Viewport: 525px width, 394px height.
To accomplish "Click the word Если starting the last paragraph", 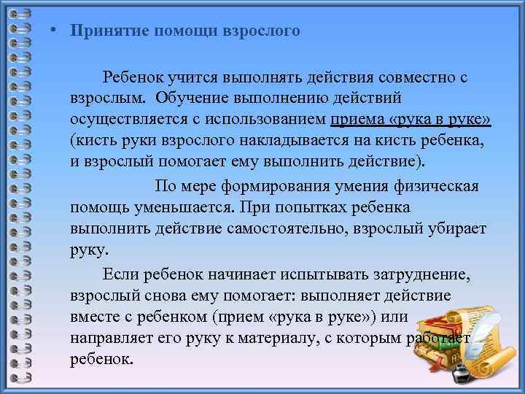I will coord(119,274).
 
